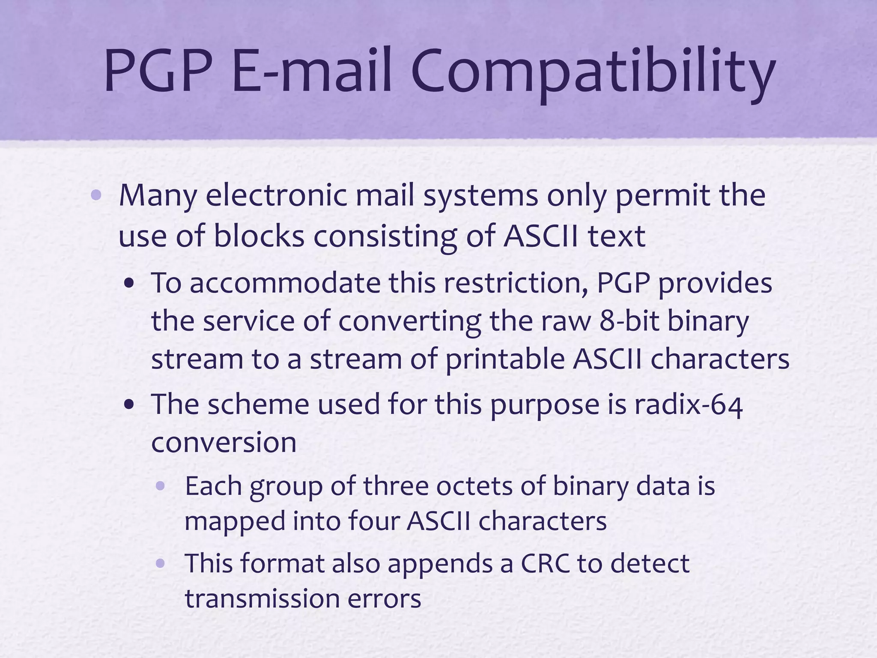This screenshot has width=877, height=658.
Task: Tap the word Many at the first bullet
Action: [158, 196]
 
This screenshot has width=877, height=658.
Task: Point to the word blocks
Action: [259, 236]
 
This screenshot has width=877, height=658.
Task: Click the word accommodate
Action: [285, 284]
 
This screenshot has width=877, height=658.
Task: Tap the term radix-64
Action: [688, 405]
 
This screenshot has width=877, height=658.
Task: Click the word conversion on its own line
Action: [224, 443]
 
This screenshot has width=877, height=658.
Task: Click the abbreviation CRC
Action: [545, 563]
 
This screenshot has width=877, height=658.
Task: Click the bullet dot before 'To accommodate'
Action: [129, 284]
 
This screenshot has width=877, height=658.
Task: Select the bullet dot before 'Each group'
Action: [161, 486]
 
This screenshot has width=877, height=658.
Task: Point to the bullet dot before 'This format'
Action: [161, 564]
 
